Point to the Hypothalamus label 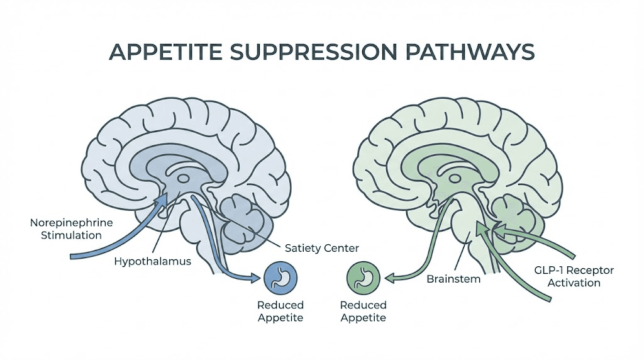pos(153,261)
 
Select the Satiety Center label pos(321,249)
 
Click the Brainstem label pos(453,278)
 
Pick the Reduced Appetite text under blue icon pos(280,311)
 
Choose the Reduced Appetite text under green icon pos(363,311)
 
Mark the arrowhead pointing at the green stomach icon pos(389,278)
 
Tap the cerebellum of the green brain pos(512,211)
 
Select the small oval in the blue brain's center pos(182,178)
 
